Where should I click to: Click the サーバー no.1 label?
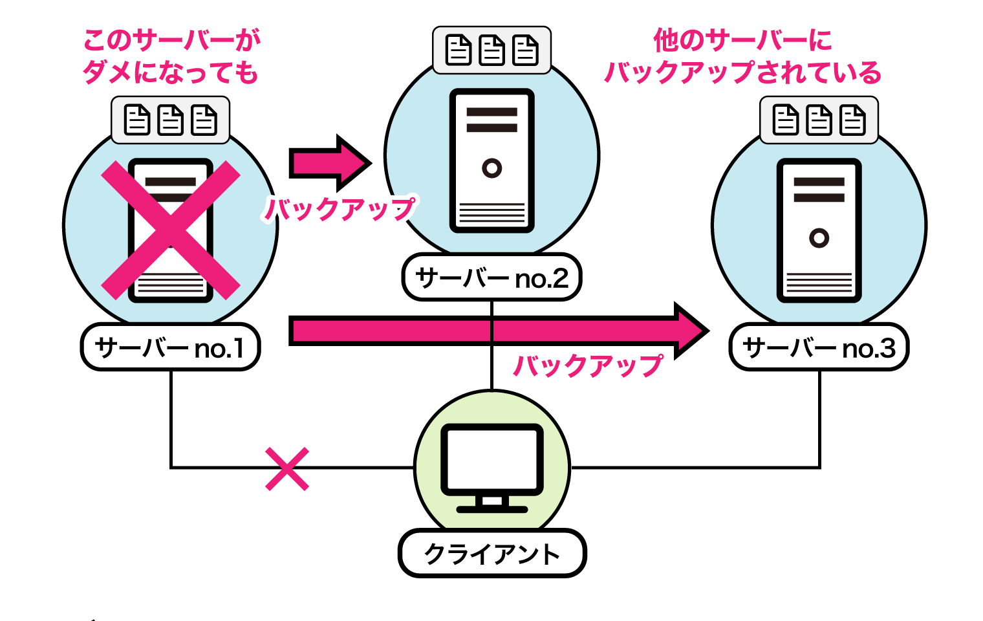tap(170, 348)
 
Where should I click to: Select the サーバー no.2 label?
tap(492, 278)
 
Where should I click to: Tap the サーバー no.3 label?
tap(819, 348)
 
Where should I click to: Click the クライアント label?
tap(492, 554)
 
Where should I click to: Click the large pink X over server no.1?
tap(171, 230)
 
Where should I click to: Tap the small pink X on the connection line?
tap(287, 469)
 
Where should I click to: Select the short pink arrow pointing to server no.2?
tap(330, 163)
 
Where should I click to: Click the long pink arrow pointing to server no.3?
tap(498, 331)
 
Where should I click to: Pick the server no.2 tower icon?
tap(492, 160)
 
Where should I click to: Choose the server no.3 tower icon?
tap(819, 230)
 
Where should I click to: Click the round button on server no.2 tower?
tap(492, 168)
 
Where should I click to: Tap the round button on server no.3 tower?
tap(819, 238)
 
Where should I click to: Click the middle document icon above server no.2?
tap(492, 50)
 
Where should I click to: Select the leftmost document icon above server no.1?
tap(137, 120)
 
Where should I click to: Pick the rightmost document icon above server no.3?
tap(852, 120)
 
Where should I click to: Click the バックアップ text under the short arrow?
tap(340, 209)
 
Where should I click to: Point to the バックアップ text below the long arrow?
tap(587, 365)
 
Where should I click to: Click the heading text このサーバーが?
tap(171, 41)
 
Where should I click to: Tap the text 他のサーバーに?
tap(742, 41)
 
